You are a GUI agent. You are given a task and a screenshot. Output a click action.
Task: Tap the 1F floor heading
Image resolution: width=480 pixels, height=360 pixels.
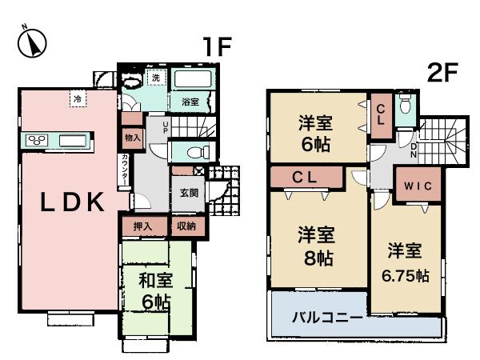click(x=216, y=47)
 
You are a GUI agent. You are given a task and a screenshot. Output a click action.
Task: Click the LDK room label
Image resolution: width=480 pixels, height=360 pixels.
click(x=73, y=202)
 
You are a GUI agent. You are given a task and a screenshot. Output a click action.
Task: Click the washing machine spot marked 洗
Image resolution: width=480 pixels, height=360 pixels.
click(x=157, y=78)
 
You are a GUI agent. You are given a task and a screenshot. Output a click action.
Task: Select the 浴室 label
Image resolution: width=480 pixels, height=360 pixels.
click(x=190, y=102)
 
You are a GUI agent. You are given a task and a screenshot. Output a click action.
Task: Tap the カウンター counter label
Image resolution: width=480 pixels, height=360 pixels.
click(x=126, y=170)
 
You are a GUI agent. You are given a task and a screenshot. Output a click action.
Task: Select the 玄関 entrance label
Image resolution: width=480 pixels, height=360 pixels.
click(x=189, y=192)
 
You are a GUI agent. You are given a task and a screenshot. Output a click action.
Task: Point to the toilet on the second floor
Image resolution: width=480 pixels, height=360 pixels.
click(x=405, y=107)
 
